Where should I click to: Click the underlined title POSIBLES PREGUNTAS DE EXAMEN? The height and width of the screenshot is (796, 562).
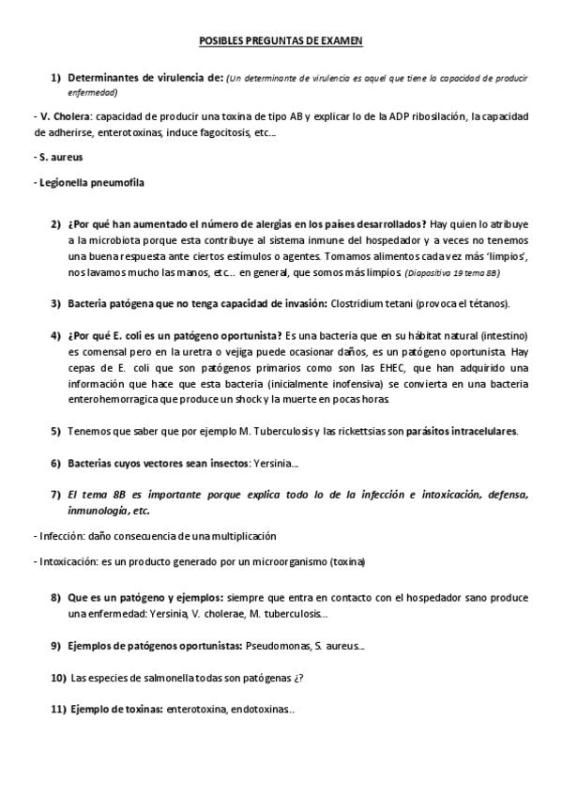(x=281, y=42)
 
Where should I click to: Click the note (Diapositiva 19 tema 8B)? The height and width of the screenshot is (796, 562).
(x=451, y=273)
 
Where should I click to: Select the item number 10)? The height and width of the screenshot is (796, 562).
(x=57, y=678)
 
